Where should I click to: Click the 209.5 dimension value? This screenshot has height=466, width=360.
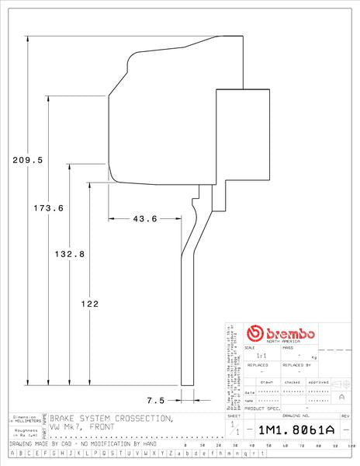27,159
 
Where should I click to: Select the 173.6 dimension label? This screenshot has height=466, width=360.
48,207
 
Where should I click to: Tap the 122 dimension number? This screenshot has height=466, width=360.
89,304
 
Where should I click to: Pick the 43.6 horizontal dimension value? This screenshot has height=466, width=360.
145,218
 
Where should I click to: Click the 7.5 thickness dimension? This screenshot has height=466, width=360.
155,400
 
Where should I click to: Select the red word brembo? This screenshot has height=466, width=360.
289,332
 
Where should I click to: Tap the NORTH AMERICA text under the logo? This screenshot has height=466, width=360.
282,342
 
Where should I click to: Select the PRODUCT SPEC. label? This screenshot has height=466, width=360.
262,408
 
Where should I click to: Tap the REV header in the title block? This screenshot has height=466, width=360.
345,417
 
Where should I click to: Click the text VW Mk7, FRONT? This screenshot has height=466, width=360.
81,428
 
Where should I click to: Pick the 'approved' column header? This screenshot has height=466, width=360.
319,382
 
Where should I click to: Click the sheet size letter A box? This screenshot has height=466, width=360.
342,396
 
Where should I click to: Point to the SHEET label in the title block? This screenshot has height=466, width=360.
234,417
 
